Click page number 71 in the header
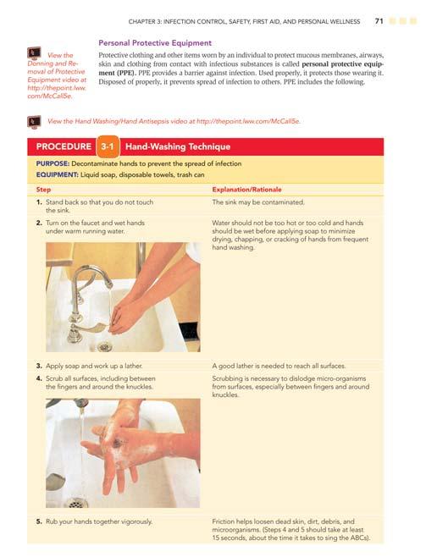(379, 21)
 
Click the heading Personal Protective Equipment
(155, 43)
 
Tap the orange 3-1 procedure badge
(108, 146)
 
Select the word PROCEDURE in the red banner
(64, 146)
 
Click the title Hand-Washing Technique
(178, 146)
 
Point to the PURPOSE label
(53, 163)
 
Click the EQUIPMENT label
(57, 174)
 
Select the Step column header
(43, 190)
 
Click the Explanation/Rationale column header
(246, 190)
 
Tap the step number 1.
(39, 202)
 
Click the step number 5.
(39, 521)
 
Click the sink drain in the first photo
(104, 345)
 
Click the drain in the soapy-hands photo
(75, 503)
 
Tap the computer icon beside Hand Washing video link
(34, 122)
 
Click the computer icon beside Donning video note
(34, 53)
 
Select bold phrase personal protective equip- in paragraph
(342, 64)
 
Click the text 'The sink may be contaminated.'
(258, 202)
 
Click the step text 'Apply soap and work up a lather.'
(94, 366)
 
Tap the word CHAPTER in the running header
(141, 22)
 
